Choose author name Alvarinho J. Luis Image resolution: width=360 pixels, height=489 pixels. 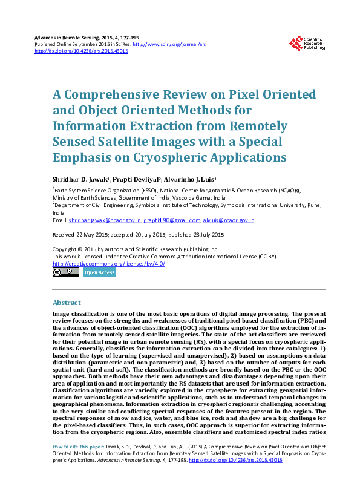coord(189,180)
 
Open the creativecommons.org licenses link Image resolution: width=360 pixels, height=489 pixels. coord(109,264)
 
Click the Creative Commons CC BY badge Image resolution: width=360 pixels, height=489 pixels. coord(65,272)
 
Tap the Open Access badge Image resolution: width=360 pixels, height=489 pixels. coord(99,272)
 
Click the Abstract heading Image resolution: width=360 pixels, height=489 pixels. coord(67,302)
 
